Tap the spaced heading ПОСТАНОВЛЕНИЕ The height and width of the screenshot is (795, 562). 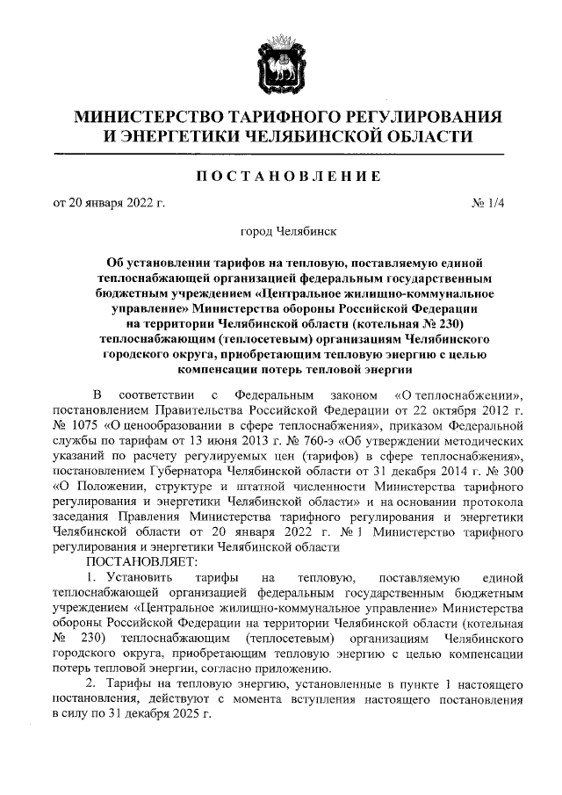coord(280,177)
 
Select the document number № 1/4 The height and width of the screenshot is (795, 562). coord(489,205)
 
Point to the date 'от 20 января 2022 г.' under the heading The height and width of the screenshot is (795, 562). coord(110,205)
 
